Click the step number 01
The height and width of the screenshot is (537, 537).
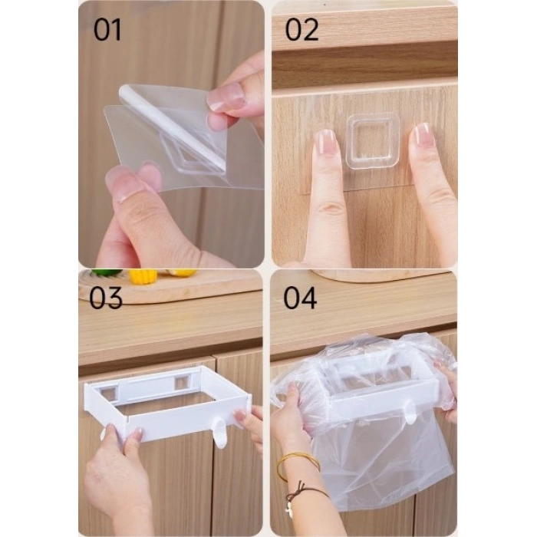(107, 30)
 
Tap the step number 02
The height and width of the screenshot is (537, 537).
(301, 30)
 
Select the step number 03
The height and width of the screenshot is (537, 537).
(106, 298)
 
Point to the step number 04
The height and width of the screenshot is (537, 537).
(300, 298)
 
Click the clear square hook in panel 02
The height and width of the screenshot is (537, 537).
(373, 140)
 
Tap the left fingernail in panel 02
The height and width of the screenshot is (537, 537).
(325, 142)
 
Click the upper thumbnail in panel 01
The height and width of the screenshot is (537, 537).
(226, 97)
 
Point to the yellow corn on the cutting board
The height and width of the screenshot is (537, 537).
(143, 275)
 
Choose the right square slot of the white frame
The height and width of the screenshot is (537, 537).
(182, 382)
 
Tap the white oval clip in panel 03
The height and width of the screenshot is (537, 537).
(220, 432)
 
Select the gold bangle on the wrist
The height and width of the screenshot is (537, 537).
(298, 466)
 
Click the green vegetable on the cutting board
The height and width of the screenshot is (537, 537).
(104, 273)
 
